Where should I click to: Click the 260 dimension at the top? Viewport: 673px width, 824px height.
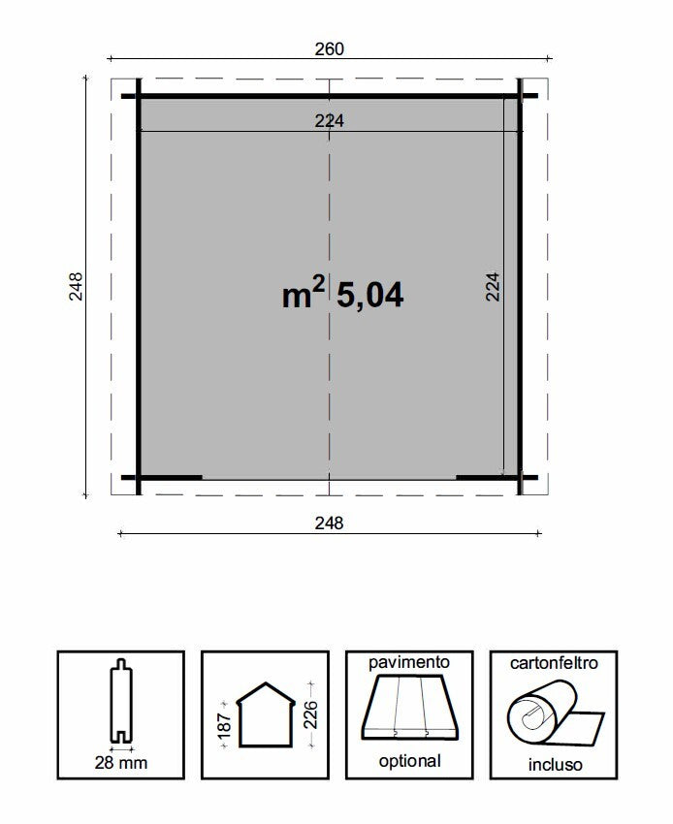click(330, 48)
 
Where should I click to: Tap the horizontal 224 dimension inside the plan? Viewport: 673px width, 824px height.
click(330, 120)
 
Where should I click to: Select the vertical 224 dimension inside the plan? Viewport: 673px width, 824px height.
click(493, 287)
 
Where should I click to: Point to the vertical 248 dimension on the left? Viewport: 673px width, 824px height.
click(77, 286)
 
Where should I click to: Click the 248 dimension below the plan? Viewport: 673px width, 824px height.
click(330, 523)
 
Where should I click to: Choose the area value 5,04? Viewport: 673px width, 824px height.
click(369, 295)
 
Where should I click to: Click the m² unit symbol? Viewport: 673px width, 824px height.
click(302, 295)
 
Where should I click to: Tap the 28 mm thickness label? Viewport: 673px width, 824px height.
click(121, 763)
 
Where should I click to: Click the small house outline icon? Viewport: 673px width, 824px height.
click(265, 714)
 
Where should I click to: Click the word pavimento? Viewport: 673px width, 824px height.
click(409, 662)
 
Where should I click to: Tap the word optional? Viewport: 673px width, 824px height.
click(409, 762)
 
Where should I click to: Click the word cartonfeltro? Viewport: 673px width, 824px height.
click(554, 663)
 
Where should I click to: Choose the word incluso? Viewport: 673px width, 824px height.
click(555, 764)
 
